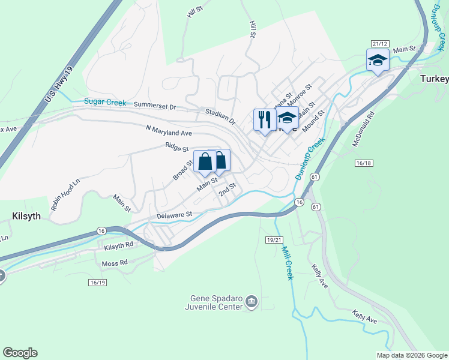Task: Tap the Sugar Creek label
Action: point(105,103)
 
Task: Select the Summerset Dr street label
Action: point(155,106)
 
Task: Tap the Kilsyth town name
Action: point(26,216)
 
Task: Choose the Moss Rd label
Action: point(115,263)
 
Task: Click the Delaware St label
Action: point(174,214)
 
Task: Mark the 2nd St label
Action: point(227,190)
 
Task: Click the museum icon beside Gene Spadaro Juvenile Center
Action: point(252,301)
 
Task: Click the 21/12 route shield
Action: point(380,44)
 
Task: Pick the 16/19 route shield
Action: point(97,282)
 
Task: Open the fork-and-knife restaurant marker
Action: point(264,119)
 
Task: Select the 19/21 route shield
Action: point(273,239)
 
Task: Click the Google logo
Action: point(20,353)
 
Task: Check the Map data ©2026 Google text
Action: point(411,355)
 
